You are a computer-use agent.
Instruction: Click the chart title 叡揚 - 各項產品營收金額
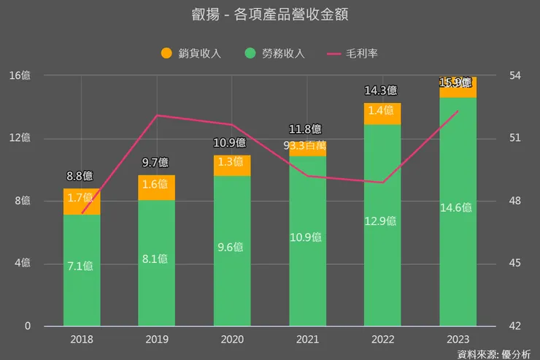(x=269, y=16)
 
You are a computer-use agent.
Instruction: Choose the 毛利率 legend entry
(x=355, y=53)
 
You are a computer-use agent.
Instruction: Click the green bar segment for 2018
(x=81, y=270)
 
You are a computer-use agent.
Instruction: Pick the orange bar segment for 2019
(x=157, y=188)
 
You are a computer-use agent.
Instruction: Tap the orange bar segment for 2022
(x=382, y=114)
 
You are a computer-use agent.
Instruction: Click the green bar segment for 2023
(x=458, y=212)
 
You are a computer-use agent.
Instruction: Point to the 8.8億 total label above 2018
(x=80, y=176)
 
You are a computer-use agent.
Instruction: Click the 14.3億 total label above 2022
(x=380, y=91)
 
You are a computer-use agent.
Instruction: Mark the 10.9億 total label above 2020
(x=230, y=142)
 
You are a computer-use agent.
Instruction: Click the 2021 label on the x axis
(x=307, y=340)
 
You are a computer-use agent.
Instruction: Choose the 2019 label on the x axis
(x=157, y=340)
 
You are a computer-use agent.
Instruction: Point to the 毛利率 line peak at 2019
(x=157, y=115)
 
